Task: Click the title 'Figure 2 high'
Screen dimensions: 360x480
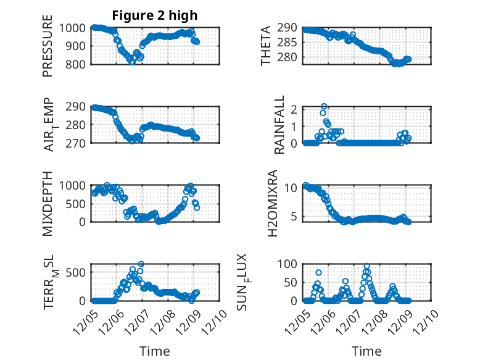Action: pyautogui.click(x=155, y=15)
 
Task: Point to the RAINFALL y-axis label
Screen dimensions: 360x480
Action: pyautogui.click(x=279, y=125)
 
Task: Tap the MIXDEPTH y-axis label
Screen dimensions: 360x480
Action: pyautogui.click(x=48, y=202)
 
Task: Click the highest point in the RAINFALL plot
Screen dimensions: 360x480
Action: pyautogui.click(x=324, y=107)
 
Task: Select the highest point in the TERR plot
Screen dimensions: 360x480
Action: pyautogui.click(x=141, y=264)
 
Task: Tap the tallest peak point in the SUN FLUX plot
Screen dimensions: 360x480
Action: pyautogui.click(x=367, y=266)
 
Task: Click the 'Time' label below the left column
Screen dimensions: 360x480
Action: pyautogui.click(x=155, y=351)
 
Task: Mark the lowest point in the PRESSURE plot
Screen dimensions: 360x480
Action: pyautogui.click(x=132, y=62)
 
